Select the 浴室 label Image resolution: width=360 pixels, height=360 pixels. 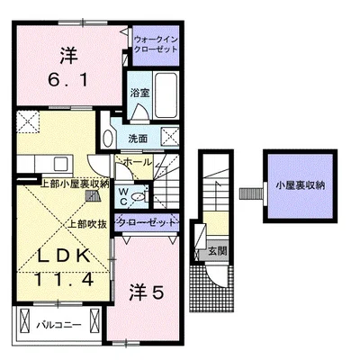[x=139, y=93]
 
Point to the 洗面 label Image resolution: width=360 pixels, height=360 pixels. [x=138, y=140]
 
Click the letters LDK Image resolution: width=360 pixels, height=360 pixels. [x=63, y=255]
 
